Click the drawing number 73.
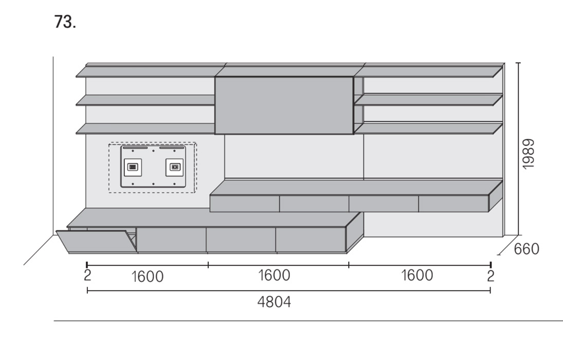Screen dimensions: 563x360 coord(65,22)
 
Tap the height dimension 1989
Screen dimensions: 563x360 coord(529,154)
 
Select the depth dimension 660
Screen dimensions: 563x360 coord(526,249)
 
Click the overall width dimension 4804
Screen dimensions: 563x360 coord(274,302)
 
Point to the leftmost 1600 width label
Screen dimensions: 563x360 coord(147,277)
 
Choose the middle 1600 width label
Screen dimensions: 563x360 coord(274,275)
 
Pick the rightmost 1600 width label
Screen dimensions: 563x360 coord(416,275)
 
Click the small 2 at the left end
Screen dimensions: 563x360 coord(87,275)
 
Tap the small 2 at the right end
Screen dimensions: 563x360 coord(491,276)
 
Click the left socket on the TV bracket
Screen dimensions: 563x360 coord(133,167)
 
